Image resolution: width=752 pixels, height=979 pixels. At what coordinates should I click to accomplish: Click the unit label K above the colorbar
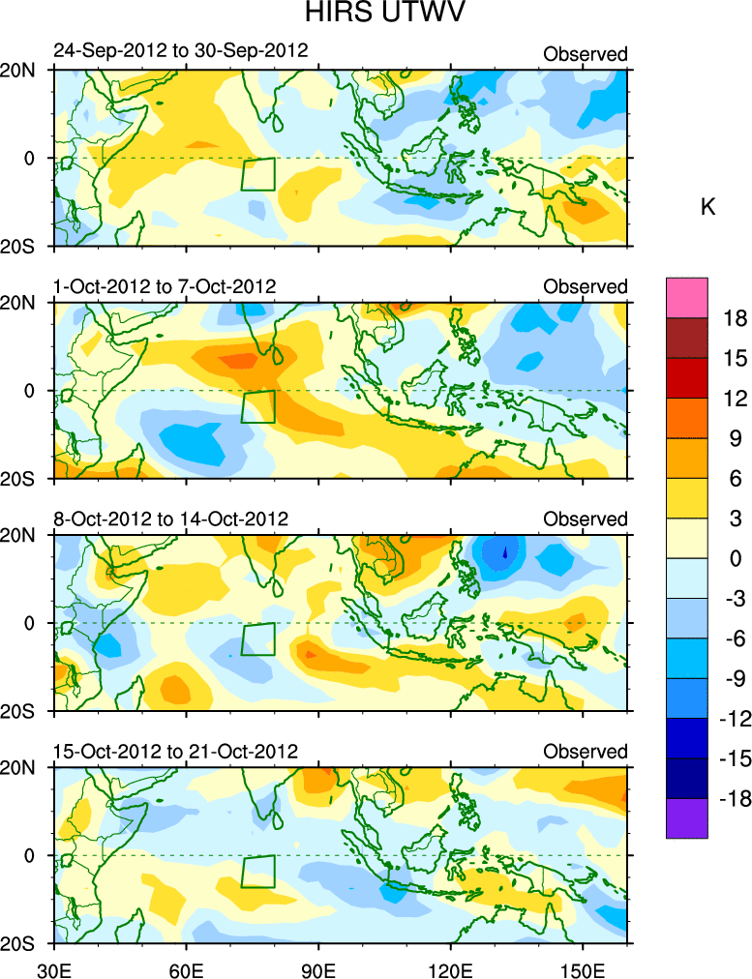707,206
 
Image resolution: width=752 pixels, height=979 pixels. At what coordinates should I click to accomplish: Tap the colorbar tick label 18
735,318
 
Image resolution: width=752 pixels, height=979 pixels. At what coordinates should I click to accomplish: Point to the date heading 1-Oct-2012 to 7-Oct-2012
165,286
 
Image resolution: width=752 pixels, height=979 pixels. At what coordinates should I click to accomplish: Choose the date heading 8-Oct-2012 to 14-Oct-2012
171,519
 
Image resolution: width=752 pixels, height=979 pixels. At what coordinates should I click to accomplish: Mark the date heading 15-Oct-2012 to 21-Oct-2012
176,752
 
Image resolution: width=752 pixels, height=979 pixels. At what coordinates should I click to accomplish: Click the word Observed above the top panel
586,54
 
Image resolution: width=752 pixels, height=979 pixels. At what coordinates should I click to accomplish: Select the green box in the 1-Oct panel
258,406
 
